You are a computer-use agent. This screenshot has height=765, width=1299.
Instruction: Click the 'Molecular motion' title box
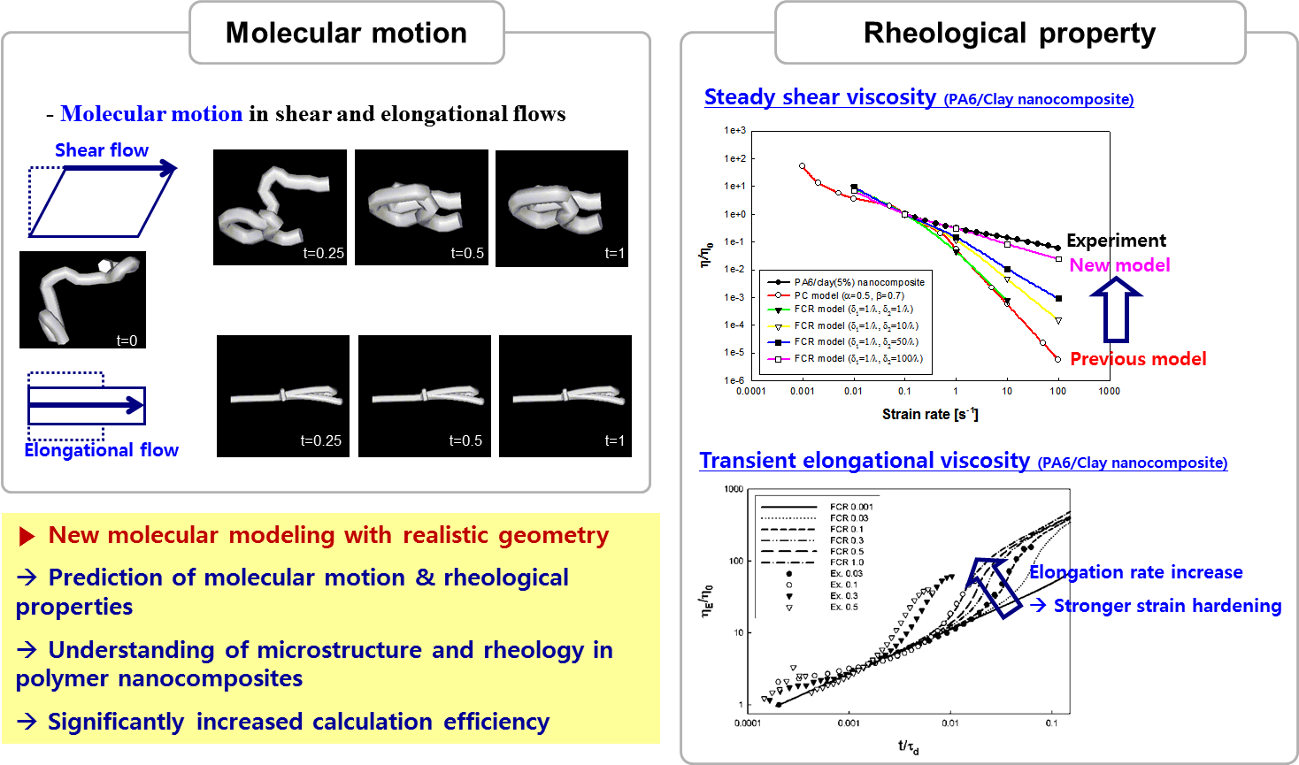pos(346,33)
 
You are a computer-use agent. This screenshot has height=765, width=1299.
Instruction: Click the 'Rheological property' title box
pos(1009,33)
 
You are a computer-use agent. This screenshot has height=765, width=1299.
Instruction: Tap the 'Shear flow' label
pos(101,150)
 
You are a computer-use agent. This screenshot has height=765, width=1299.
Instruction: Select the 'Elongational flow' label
pos(101,450)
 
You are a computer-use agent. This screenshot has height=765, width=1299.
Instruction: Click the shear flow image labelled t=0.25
pos(280,207)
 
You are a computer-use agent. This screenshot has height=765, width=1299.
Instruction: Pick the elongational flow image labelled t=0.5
pos(425,395)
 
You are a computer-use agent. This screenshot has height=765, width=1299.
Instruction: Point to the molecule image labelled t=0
pos(82,299)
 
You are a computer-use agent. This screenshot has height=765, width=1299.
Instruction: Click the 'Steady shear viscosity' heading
pos(819,97)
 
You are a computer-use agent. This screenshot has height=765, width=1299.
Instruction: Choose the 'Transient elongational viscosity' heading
pos(864,461)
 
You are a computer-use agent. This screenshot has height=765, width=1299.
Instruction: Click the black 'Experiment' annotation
pos(1116,241)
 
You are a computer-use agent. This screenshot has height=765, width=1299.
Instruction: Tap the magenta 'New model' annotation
pos(1119,265)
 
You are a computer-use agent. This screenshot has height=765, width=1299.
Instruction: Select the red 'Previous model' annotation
pos(1138,359)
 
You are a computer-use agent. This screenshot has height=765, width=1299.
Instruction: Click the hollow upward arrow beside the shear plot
pos(1116,309)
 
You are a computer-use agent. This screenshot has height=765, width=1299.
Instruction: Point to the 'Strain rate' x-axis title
pos(929,414)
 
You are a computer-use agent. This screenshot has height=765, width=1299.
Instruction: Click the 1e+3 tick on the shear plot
pos(734,130)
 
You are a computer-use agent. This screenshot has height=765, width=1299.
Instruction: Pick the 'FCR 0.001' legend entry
pos(850,507)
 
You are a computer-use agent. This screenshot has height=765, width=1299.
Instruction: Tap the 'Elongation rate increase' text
pos(1135,572)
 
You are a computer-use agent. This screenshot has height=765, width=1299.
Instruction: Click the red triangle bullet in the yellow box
pos(27,536)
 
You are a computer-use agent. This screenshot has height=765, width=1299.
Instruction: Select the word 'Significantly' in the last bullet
pos(116,722)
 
